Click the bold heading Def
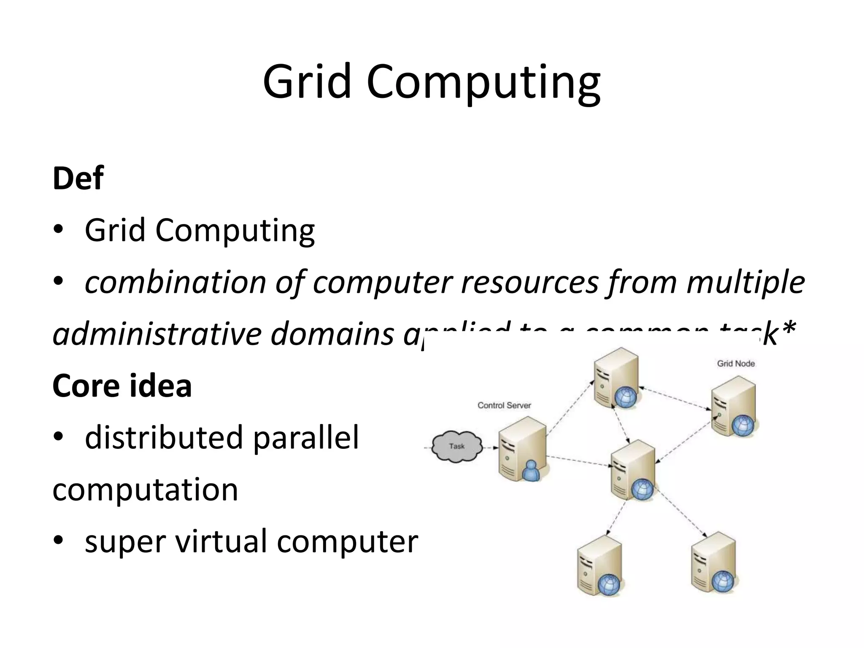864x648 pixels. (78, 178)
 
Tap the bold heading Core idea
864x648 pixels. (122, 386)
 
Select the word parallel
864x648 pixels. (306, 437)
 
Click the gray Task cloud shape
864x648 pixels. (456, 446)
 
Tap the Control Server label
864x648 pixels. (504, 405)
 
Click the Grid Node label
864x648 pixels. (736, 364)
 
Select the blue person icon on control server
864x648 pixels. (530, 472)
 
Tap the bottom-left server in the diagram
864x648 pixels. (599, 565)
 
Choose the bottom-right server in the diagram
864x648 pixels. (714, 563)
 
